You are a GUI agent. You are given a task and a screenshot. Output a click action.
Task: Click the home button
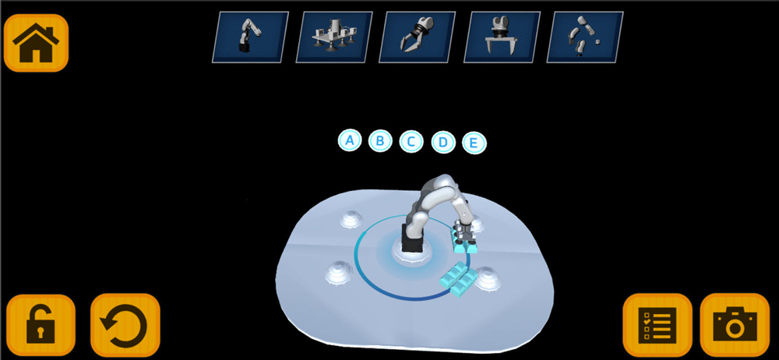(36, 43)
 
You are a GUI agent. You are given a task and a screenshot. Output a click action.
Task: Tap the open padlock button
(41, 325)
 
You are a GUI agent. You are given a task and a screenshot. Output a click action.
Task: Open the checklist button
(657, 325)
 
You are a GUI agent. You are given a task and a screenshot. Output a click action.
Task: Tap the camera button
(735, 325)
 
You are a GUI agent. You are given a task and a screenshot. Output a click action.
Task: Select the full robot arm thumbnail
(250, 37)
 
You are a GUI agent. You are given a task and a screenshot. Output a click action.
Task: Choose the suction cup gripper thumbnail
(334, 37)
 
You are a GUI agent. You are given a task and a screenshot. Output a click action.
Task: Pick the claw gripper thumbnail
(418, 37)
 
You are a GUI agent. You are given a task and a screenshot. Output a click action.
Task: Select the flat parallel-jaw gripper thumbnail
(502, 37)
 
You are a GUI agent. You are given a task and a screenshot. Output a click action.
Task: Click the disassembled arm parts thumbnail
(585, 37)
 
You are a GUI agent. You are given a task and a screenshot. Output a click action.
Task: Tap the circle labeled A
(350, 140)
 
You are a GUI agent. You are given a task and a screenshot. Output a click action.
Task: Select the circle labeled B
(380, 141)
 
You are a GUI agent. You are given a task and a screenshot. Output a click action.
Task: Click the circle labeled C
(411, 142)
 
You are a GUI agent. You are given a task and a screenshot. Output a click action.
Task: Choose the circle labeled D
(443, 143)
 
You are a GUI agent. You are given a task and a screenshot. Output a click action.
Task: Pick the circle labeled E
(474, 143)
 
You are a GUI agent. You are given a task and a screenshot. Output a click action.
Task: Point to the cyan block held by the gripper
(463, 243)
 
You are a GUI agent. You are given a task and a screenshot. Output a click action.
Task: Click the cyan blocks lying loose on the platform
(455, 281)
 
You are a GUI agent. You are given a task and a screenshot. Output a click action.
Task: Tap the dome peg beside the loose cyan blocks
(486, 278)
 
